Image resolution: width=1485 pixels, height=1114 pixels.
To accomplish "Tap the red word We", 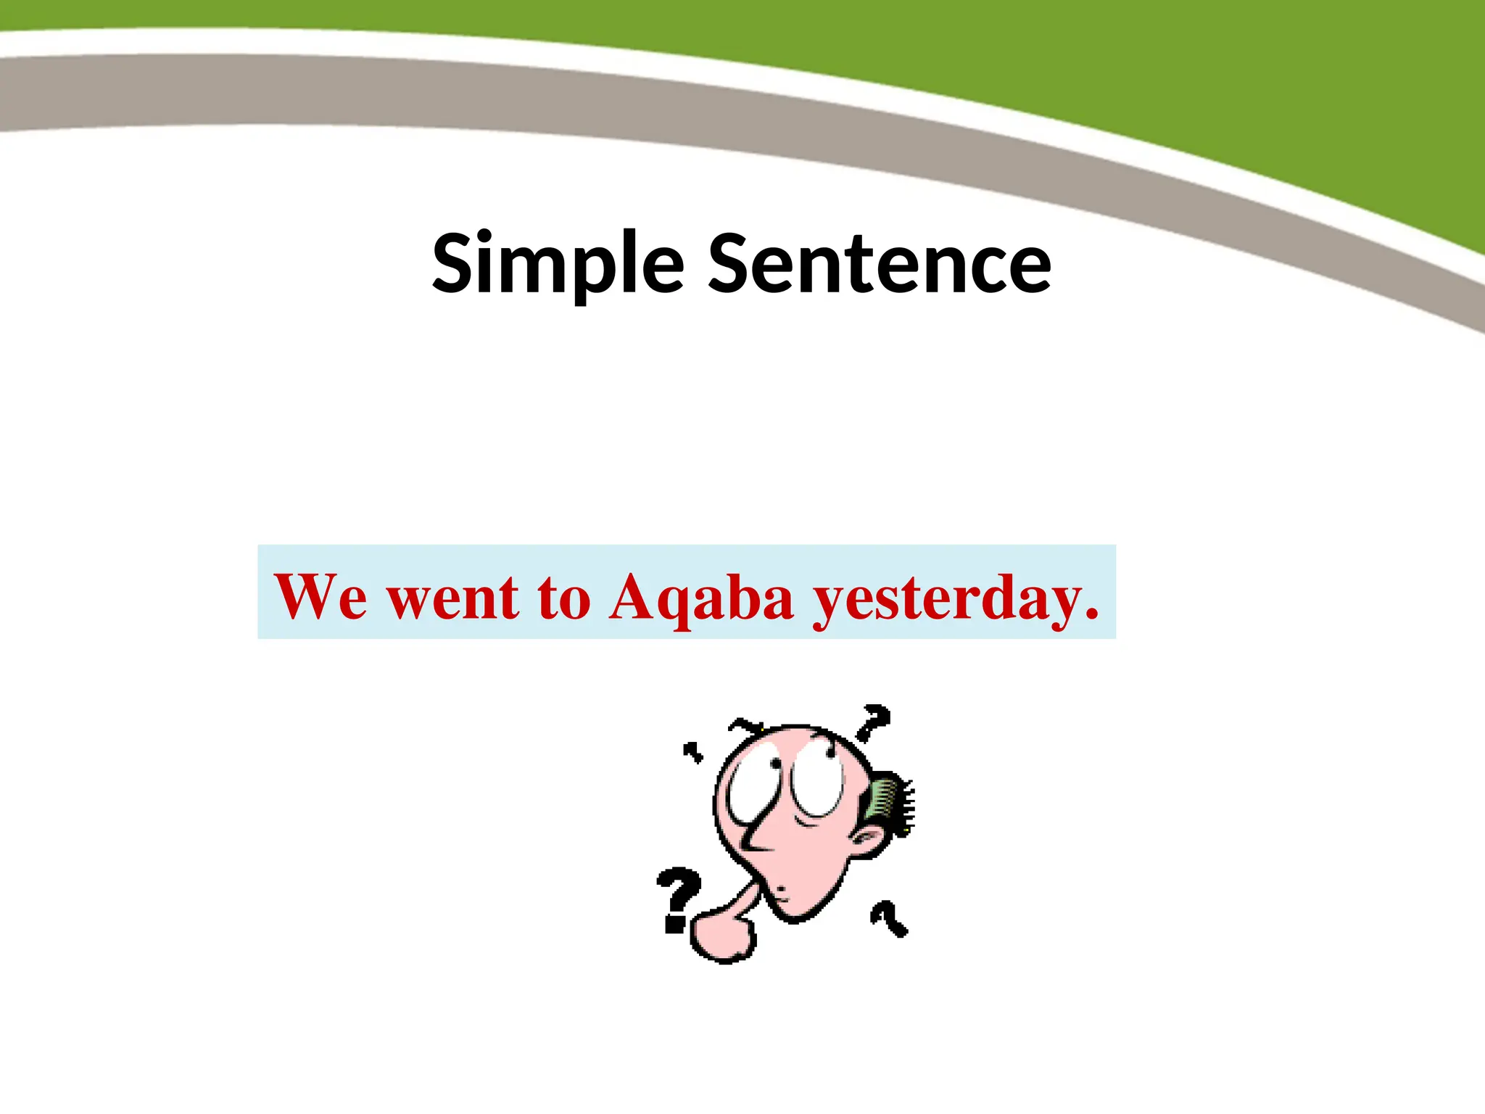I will point(320,597).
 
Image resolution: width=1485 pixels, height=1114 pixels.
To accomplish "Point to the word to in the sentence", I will point(564,598).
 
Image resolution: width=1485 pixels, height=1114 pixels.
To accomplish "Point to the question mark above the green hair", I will point(874,722).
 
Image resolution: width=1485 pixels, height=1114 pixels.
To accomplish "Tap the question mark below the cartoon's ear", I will point(889,917).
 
